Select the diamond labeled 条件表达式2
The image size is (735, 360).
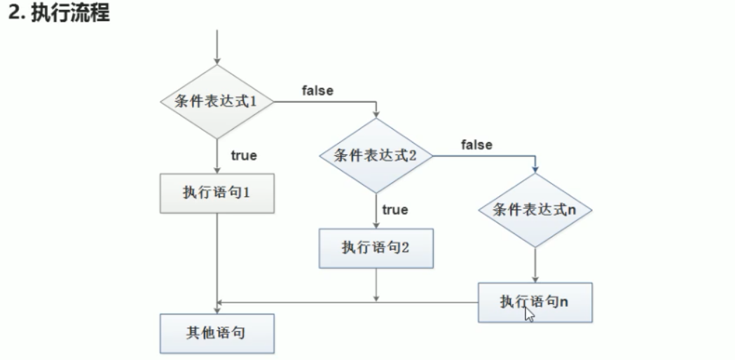pos(376,155)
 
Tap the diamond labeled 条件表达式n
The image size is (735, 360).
pos(535,210)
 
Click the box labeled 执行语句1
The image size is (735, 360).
pos(217,193)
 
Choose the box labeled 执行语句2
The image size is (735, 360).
pos(376,247)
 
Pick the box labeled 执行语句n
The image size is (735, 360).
pos(535,302)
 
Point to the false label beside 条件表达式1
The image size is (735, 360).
pos(317,90)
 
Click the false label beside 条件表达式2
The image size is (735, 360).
pos(476,145)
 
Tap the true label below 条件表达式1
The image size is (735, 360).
pos(244,155)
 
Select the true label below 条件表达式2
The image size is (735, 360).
pos(395,209)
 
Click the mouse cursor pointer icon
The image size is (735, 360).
pos(529,311)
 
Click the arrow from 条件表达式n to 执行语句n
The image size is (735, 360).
pos(535,265)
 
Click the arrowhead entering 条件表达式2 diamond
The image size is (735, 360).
pos(376,114)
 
